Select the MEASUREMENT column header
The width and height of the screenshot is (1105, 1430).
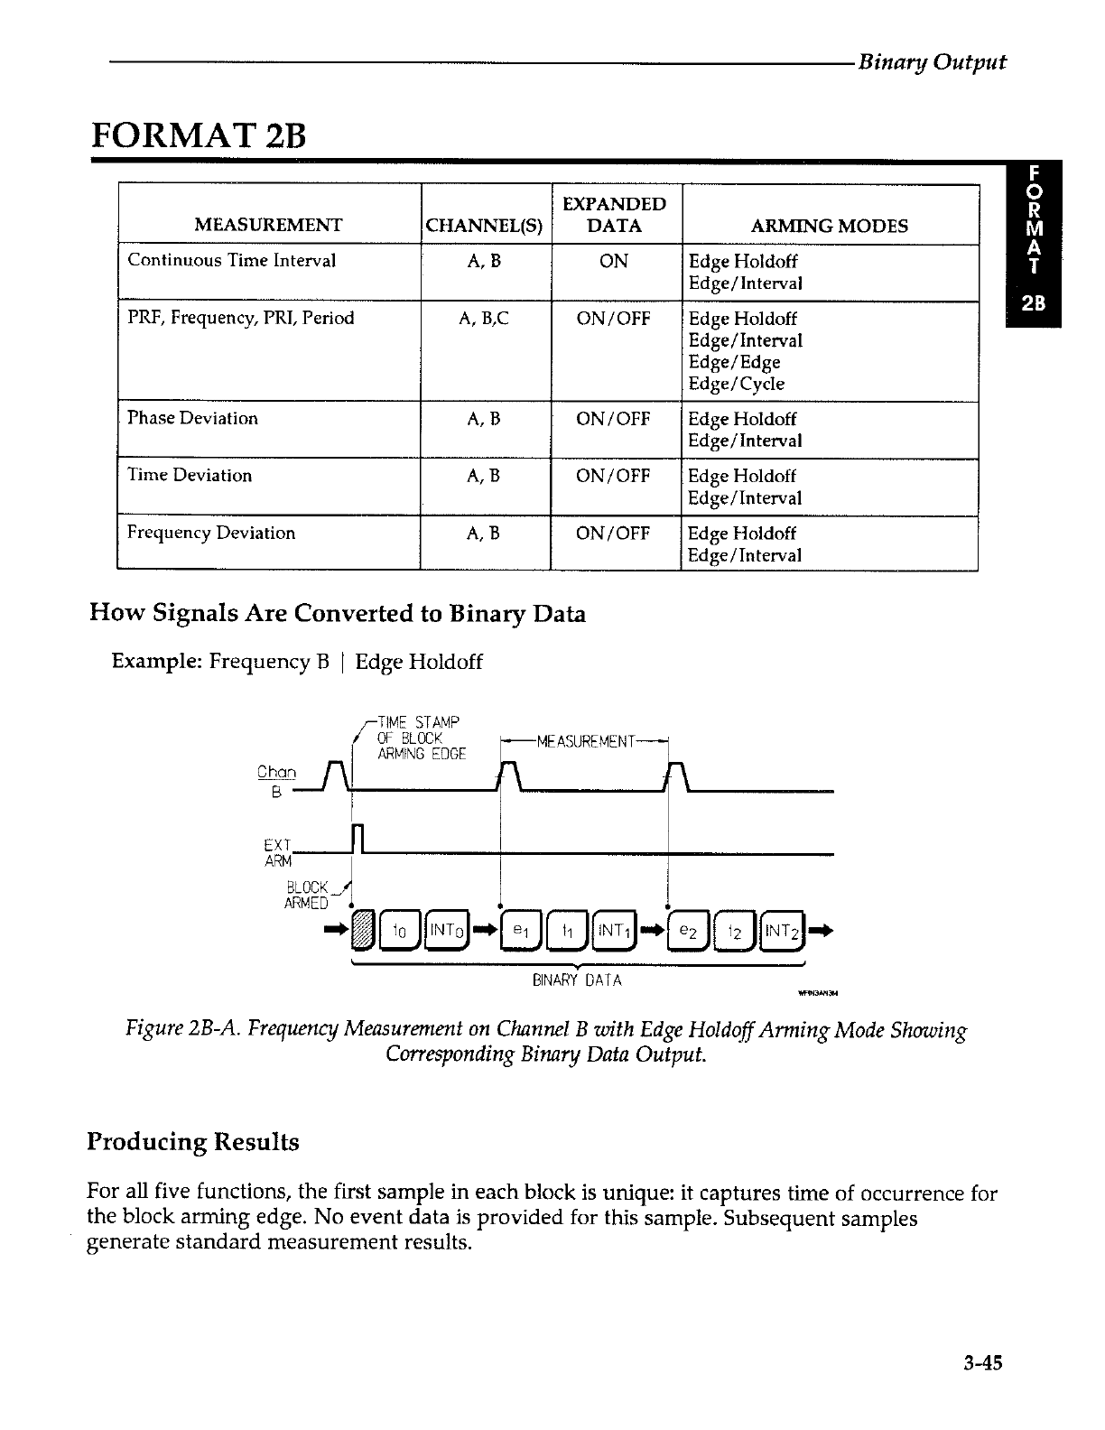point(268,226)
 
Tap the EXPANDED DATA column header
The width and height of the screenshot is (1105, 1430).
point(614,215)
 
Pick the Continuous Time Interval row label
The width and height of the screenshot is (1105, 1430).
point(231,261)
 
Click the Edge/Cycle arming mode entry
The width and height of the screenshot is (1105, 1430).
point(736,384)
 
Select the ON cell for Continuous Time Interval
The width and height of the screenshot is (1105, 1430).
point(614,261)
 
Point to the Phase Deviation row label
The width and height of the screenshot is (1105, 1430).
point(192,418)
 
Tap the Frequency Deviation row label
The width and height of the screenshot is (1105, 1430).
point(210,533)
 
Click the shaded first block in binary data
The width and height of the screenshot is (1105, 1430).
point(361,929)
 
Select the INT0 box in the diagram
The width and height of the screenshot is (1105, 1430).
point(442,929)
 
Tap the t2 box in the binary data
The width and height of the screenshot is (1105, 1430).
point(735,929)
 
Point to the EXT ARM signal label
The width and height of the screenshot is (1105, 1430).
point(274,852)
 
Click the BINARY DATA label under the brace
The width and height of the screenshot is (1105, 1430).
point(577,980)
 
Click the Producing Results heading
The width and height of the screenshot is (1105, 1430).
point(192,1142)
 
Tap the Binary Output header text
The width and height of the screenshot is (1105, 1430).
point(931,62)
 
